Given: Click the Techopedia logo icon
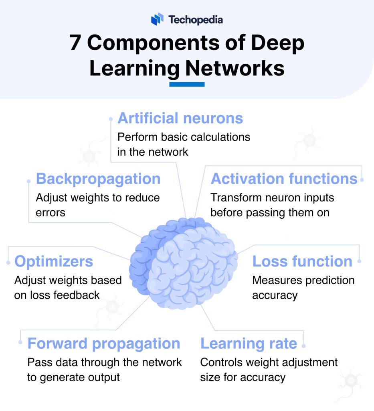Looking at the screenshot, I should (x=157, y=19).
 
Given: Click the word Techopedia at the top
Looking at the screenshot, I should (x=195, y=19).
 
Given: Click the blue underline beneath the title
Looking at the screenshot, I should (x=187, y=84).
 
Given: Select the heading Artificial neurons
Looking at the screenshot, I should (x=180, y=118).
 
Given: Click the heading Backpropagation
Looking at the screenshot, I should (x=98, y=179).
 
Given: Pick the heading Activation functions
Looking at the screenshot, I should (x=284, y=179).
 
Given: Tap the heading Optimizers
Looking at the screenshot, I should (x=54, y=262).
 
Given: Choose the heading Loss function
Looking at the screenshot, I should (x=302, y=262).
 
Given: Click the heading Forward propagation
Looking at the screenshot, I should (x=103, y=344).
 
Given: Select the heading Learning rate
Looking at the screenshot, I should (x=249, y=344).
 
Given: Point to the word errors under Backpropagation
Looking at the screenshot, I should (x=51, y=213).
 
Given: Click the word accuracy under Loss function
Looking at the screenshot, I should (x=275, y=295).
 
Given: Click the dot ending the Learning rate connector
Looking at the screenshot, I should (x=304, y=346).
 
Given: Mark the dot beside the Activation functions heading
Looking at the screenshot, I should (x=362, y=180).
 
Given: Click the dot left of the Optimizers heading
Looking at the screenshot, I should (x=8, y=262).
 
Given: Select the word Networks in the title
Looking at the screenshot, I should (x=235, y=68).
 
